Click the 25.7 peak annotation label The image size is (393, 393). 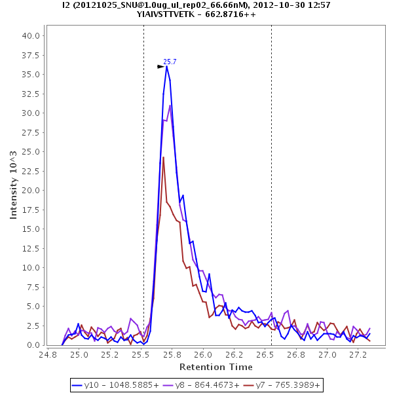170,62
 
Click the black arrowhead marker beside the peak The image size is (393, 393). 160,66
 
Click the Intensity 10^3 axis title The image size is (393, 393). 14,190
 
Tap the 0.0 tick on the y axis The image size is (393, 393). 34,345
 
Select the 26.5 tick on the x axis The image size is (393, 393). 265,354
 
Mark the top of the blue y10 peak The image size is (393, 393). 166,66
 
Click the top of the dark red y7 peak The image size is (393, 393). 163,157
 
